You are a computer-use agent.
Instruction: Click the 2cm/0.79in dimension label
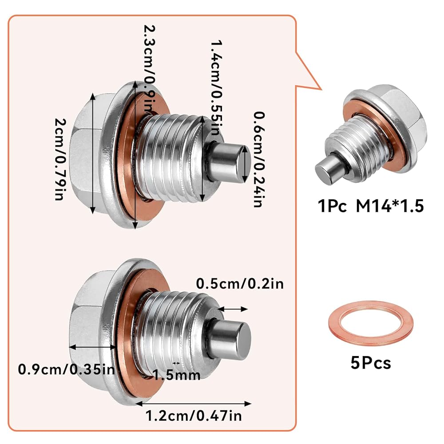click(x=60, y=159)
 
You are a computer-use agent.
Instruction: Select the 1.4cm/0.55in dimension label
click(x=216, y=87)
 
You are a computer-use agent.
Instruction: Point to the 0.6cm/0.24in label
click(x=259, y=159)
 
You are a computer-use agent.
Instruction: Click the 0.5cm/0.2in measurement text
click(x=240, y=284)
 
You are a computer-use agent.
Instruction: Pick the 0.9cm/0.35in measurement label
click(x=67, y=369)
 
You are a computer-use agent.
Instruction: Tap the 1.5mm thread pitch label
click(x=177, y=376)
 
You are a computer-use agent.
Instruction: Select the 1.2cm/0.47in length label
click(x=194, y=416)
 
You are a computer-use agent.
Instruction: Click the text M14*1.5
click(x=390, y=206)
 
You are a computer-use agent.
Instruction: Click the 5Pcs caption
click(x=371, y=363)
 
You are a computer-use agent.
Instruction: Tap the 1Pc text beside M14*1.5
click(x=332, y=206)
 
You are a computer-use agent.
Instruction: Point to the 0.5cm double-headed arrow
click(x=233, y=309)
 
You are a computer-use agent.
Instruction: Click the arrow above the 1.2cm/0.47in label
click(x=194, y=404)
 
